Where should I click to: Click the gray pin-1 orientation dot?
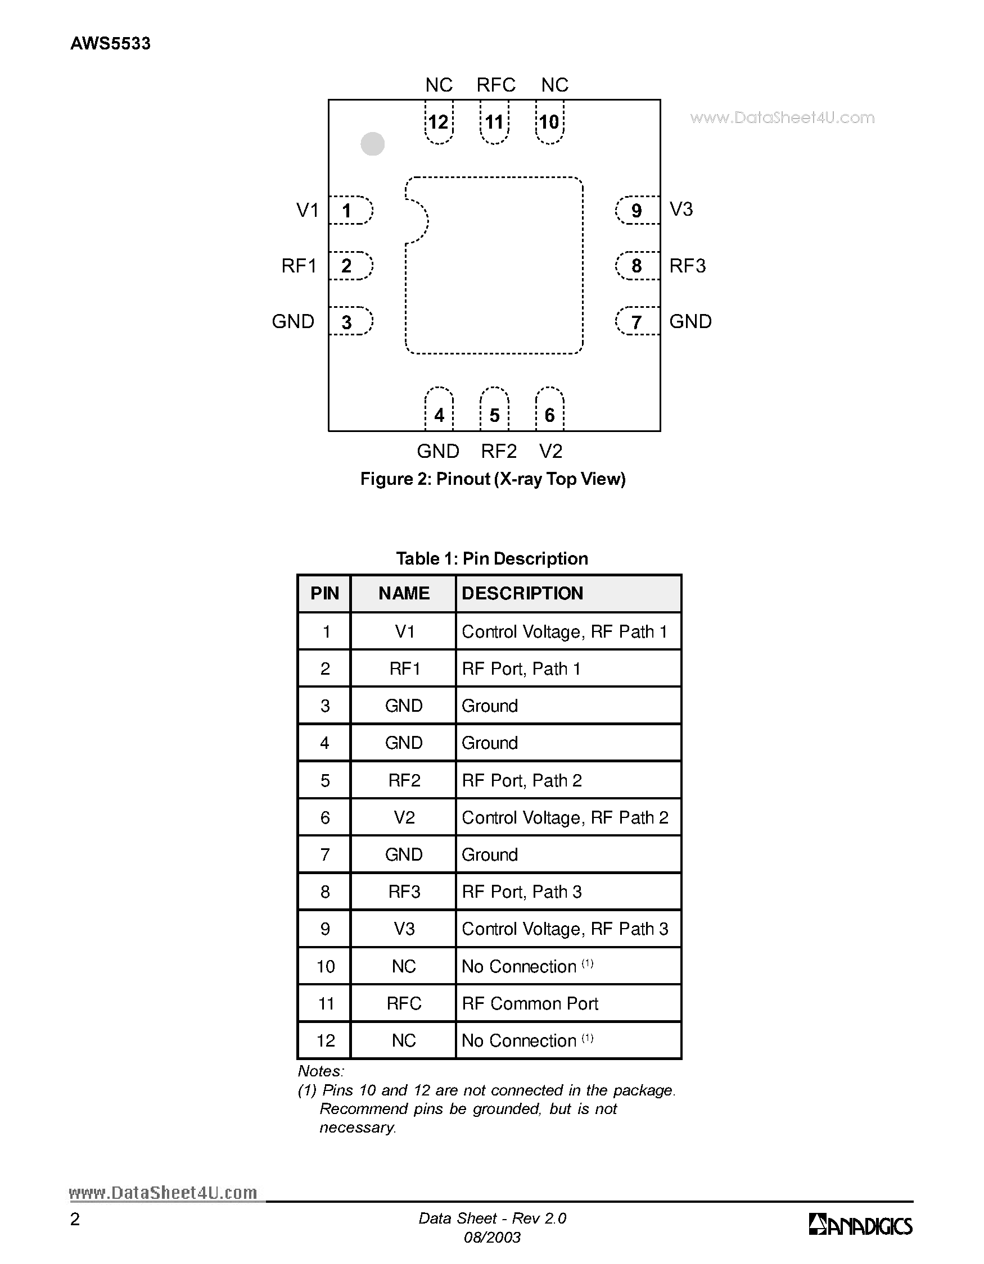point(372,143)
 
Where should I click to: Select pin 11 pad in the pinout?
point(494,122)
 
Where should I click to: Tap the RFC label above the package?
point(496,85)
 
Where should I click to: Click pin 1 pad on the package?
point(350,210)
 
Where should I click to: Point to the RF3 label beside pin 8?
point(688,266)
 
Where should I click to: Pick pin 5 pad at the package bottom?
point(494,410)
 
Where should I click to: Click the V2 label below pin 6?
point(550,451)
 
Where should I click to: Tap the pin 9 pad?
point(637,210)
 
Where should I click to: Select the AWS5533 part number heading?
point(110,43)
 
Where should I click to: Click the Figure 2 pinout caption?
point(493,479)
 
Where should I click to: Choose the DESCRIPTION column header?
point(522,593)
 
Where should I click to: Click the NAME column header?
point(404,593)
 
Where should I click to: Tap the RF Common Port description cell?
point(530,1003)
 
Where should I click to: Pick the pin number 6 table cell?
point(325,817)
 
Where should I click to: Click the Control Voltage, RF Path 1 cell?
point(564,631)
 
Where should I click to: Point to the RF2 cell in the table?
point(404,780)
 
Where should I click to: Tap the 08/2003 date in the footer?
point(493,1238)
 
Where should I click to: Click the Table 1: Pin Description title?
point(491,558)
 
